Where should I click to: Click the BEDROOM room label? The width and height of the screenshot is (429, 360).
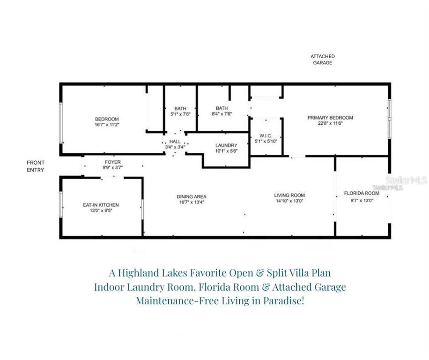107,119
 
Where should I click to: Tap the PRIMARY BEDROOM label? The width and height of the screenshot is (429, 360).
330,118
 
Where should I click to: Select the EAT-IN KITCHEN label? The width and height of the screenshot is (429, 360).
101,205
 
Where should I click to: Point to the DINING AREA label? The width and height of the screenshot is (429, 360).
191,196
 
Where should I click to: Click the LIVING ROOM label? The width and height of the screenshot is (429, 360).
289,195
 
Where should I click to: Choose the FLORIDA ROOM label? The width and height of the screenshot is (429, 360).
362,193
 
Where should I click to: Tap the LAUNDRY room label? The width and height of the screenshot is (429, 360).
226,145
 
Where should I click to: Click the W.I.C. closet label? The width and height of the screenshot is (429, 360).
266,136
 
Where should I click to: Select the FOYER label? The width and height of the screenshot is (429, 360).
112,162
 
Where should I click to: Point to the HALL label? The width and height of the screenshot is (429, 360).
175,142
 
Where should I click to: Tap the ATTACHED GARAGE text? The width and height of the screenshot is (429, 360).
322,60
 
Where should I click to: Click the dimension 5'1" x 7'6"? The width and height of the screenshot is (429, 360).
180,114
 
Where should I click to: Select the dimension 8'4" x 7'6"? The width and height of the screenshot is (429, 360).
222,114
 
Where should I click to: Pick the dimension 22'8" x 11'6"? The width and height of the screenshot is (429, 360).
330,124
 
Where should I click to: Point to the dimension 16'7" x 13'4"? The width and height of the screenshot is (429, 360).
191,202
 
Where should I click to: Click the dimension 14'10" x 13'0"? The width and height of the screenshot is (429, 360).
289,201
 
